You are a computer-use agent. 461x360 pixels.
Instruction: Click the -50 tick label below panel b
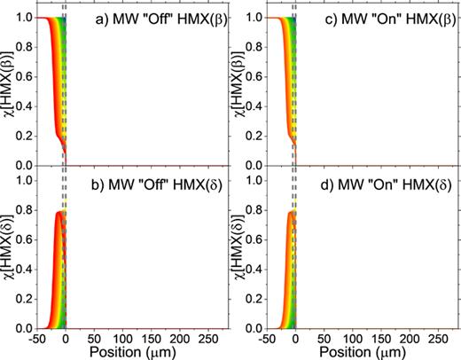tap(37, 338)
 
